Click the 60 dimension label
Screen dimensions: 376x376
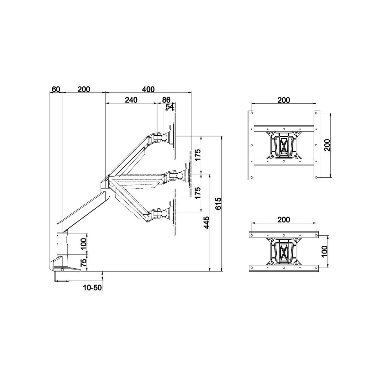[x=55, y=89]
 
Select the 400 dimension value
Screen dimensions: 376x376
[x=148, y=89]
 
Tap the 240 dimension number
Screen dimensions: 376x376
[x=131, y=100]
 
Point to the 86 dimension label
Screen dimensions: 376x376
[x=166, y=100]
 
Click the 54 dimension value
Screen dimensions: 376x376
[x=170, y=107]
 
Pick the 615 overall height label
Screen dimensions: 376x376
[x=218, y=204]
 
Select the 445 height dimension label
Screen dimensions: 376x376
[x=206, y=222]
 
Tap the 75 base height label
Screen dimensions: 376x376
[x=83, y=263]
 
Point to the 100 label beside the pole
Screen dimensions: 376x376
[x=83, y=244]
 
